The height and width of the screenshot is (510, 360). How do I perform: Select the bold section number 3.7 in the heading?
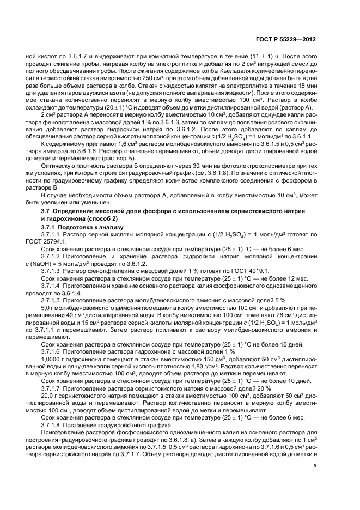(47, 210)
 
